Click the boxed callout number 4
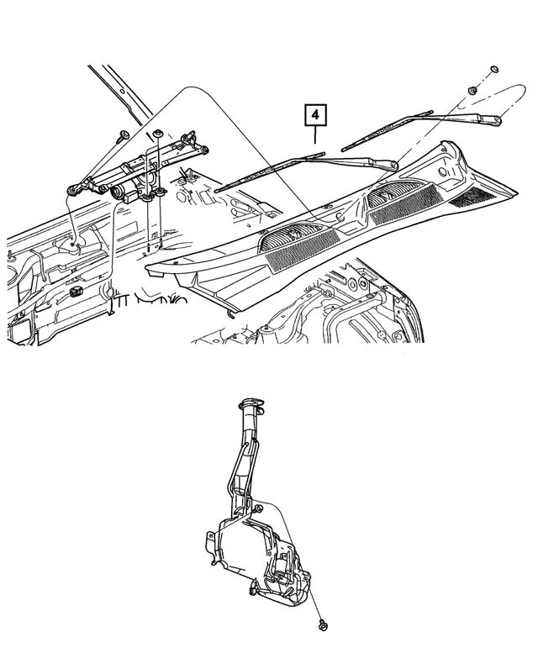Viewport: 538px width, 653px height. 314,114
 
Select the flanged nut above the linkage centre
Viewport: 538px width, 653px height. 157,134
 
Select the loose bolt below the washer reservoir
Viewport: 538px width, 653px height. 323,624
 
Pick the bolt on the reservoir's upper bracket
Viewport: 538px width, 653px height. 260,508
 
